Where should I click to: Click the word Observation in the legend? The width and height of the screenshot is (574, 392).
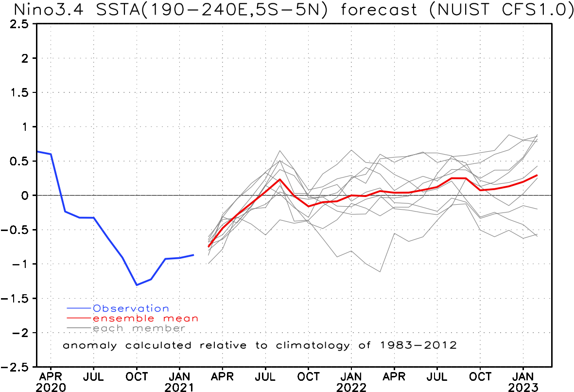tap(131, 308)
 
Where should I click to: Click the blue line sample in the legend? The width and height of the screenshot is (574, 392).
tap(79, 308)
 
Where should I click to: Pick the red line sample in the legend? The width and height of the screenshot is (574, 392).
tap(79, 318)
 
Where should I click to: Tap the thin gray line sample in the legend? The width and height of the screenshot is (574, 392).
tap(79, 328)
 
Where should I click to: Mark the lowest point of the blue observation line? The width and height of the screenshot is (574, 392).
tap(137, 285)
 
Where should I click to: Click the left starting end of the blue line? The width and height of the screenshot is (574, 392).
tap(38, 151)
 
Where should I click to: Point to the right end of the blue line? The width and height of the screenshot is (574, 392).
tap(193, 254)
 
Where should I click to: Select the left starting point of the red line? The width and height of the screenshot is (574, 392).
tap(209, 247)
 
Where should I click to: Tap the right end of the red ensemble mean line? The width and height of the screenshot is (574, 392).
tap(537, 175)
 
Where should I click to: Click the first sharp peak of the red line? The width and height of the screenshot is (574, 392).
tap(280, 179)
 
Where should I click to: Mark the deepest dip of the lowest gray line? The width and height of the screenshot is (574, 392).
tap(380, 271)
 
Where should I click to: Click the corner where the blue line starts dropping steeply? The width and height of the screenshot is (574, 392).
tap(51, 154)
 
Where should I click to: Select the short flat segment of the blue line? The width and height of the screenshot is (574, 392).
tap(87, 217)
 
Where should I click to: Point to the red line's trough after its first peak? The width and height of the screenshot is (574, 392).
tap(308, 206)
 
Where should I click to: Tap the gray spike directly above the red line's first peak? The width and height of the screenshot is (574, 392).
tap(280, 151)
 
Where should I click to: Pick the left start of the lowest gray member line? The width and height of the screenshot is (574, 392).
tap(209, 263)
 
